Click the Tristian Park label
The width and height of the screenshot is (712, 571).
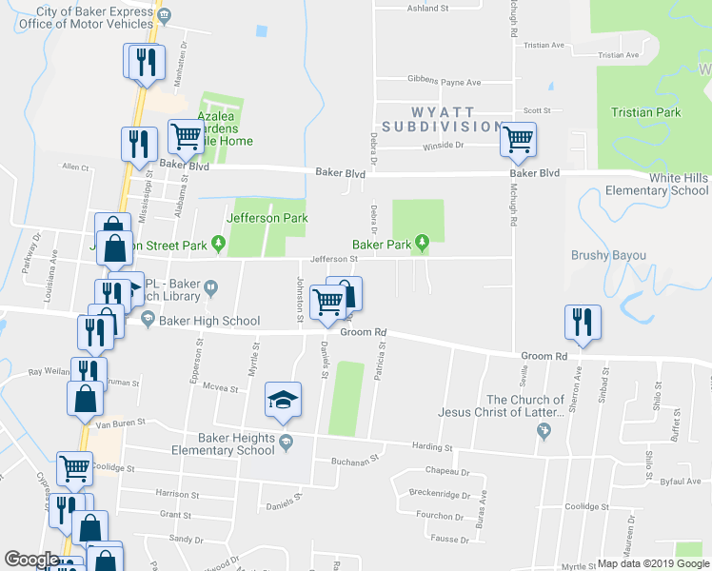(x=646, y=112)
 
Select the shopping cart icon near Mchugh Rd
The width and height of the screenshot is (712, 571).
(x=518, y=140)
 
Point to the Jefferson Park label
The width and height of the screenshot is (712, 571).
(x=267, y=218)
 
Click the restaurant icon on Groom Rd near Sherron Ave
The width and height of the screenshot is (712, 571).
(x=581, y=323)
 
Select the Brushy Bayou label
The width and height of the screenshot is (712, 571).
(x=608, y=255)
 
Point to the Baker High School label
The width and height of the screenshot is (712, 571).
(x=201, y=321)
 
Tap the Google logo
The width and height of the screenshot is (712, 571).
(x=31, y=560)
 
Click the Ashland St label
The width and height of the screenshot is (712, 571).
(x=427, y=8)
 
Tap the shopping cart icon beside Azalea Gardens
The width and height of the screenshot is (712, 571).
(x=186, y=137)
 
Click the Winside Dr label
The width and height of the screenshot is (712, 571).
(x=442, y=146)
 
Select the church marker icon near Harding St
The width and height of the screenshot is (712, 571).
(x=544, y=434)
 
